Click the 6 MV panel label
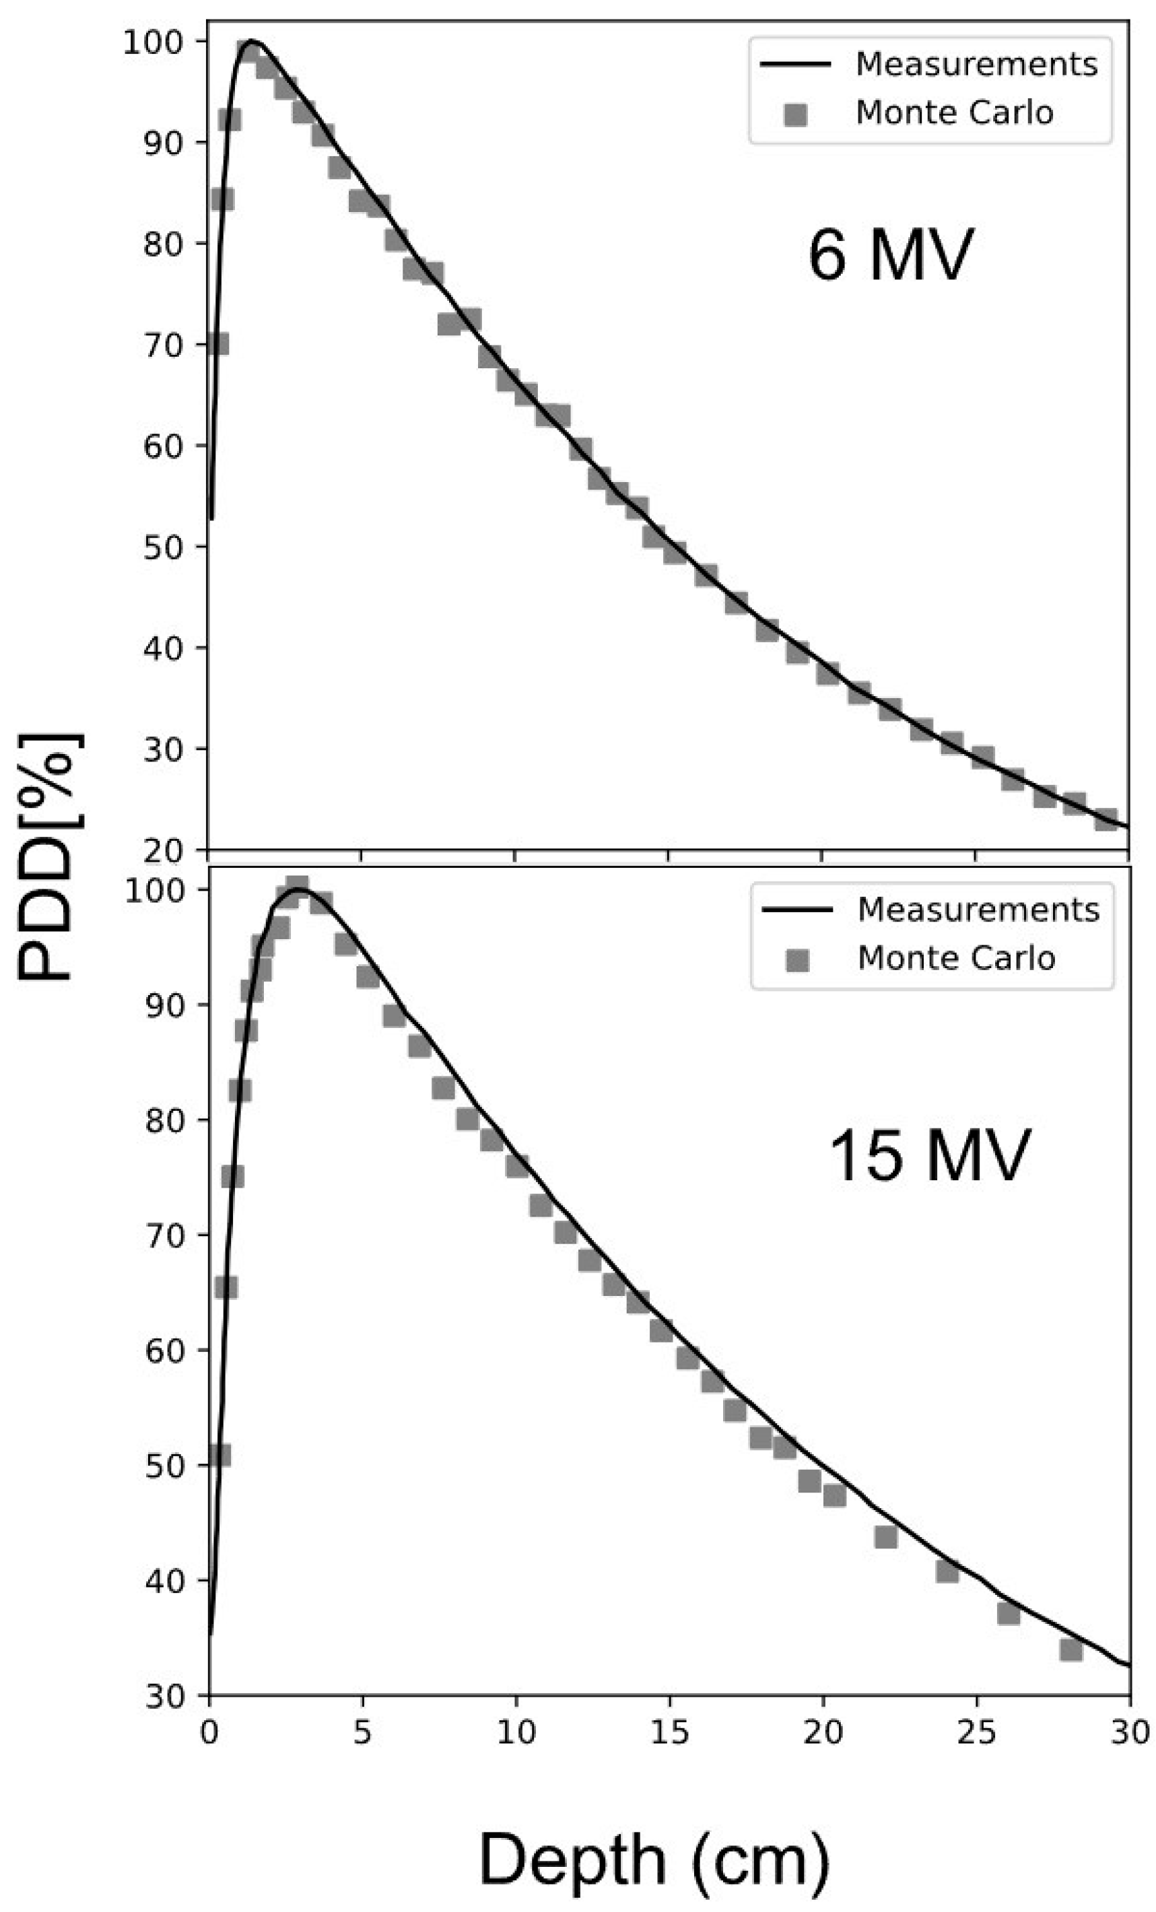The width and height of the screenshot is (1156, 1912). (x=890, y=257)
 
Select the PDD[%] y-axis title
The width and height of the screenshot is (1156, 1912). (x=48, y=858)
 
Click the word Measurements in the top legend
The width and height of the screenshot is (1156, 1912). (x=976, y=65)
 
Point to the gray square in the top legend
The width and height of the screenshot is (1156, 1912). (x=795, y=115)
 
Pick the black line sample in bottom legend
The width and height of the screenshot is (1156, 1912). (x=796, y=910)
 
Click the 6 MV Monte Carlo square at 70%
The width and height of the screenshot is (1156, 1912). (x=218, y=343)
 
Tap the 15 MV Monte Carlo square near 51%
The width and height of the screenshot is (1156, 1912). (x=219, y=1456)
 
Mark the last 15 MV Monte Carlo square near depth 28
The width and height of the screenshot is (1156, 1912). (x=1070, y=1649)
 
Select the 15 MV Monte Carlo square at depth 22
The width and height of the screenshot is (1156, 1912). (x=886, y=1537)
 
